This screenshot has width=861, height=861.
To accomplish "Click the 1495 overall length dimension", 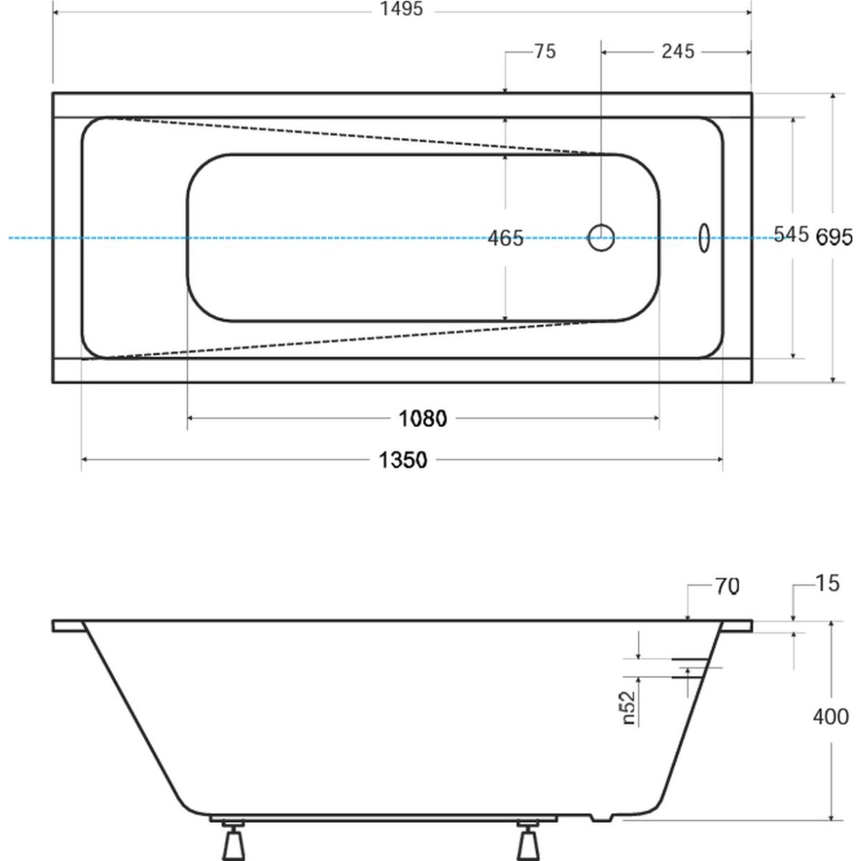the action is point(401,9).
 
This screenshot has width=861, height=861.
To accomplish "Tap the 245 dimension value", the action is point(678,52).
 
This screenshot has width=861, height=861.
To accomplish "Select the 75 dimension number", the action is point(545,52).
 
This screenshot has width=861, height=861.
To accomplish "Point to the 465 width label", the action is point(505,237).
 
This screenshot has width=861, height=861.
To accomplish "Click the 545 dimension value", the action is point(791,234).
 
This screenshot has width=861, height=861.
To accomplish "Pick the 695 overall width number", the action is point(834,237).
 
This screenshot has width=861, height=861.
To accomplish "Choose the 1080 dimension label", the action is point(423,418).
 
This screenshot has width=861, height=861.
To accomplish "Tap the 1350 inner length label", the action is point(403,460).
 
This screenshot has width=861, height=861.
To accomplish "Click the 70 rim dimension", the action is point(728,586).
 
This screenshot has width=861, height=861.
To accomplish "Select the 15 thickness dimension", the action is point(827,583).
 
